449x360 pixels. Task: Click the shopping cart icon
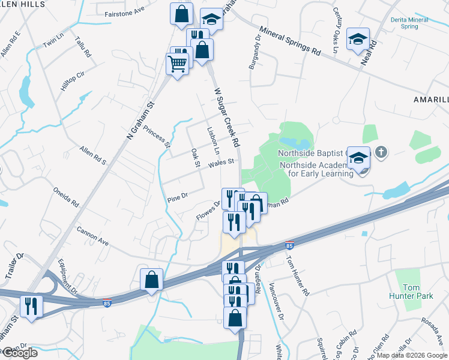pyautogui.click(x=177, y=63)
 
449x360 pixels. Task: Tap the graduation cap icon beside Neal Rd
pyautogui.click(x=358, y=40)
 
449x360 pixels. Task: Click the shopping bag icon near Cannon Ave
pyautogui.click(x=152, y=279)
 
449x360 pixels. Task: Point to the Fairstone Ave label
pyautogui.click(x=125, y=12)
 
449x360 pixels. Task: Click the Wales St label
pyautogui.click(x=221, y=163)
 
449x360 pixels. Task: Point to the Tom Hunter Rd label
pyautogui.click(x=297, y=276)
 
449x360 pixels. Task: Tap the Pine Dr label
pyautogui.click(x=178, y=196)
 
